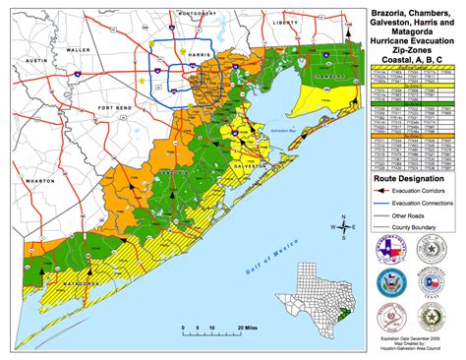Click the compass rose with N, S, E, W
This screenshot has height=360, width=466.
point(339,224)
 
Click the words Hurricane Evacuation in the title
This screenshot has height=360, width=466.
point(411,36)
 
